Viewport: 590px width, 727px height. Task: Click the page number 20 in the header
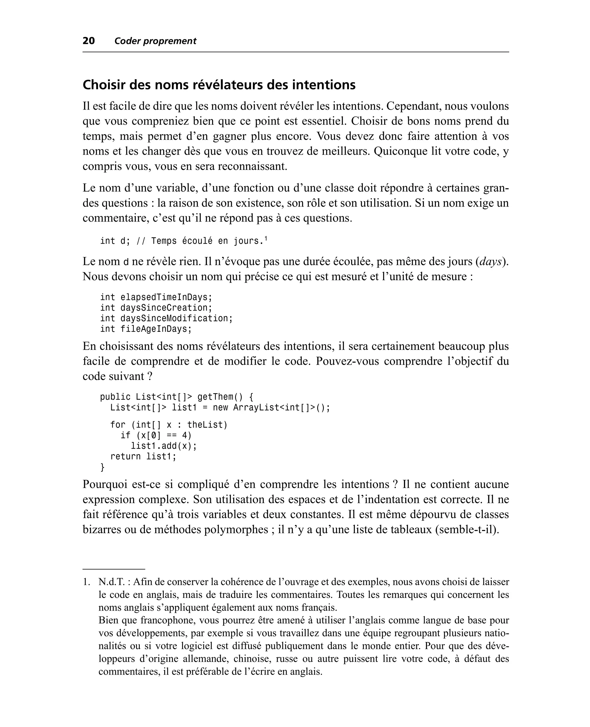[x=89, y=41]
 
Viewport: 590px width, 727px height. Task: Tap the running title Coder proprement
[x=155, y=41]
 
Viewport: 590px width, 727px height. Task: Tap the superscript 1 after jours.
[x=266, y=239]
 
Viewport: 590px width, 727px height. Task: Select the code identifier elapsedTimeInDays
[x=166, y=297]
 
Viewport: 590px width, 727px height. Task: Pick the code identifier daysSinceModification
[x=176, y=318]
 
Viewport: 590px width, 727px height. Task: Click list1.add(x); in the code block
[x=164, y=446]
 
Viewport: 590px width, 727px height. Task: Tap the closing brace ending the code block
[x=102, y=467]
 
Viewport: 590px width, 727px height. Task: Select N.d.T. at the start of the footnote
[x=111, y=582]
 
